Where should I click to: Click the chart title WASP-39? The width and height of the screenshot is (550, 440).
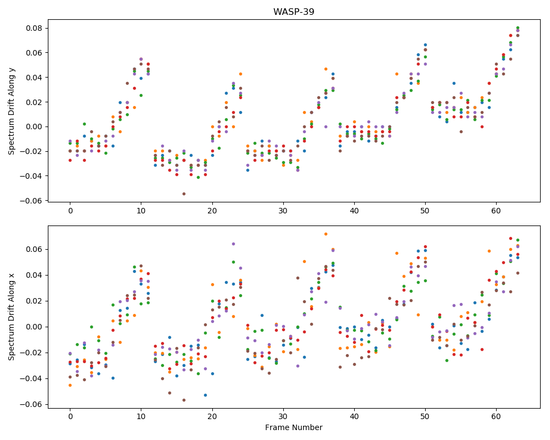tap(294, 12)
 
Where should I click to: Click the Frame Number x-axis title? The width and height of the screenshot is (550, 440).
tap(294, 427)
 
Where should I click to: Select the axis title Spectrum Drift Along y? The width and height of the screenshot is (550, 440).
tap(12, 110)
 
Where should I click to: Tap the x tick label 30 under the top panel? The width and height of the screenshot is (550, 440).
tap(283, 211)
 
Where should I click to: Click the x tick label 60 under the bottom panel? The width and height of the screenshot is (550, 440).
tap(496, 417)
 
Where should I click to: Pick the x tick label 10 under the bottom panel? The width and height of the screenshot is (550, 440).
tap(141, 417)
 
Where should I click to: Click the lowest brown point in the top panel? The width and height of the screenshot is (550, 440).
tap(184, 194)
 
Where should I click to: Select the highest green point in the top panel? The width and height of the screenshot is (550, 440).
tap(518, 28)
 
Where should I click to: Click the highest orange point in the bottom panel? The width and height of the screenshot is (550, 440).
tap(326, 234)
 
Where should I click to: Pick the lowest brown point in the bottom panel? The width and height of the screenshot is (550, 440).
tap(184, 400)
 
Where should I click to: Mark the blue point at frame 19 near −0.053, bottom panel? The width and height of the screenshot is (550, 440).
tap(205, 395)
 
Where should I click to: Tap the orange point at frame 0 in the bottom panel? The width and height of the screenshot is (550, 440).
tap(70, 385)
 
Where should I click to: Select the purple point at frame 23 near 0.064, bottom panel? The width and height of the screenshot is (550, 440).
tap(233, 244)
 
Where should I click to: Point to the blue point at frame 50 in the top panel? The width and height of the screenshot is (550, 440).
tap(425, 45)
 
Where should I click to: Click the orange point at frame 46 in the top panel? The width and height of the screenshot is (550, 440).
tap(397, 74)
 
